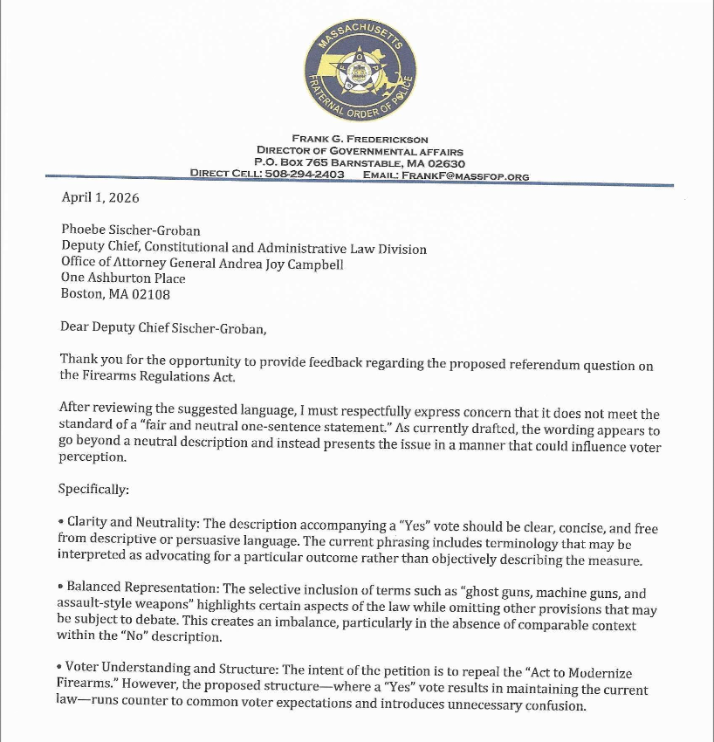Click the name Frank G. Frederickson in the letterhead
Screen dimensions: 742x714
tap(359, 140)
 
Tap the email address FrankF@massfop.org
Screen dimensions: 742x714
tap(477, 175)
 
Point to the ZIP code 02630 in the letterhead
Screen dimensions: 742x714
tap(447, 163)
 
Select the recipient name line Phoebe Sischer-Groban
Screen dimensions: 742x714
tap(130, 231)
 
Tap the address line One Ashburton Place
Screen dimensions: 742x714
tap(123, 279)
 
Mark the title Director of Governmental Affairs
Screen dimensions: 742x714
tap(359, 151)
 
